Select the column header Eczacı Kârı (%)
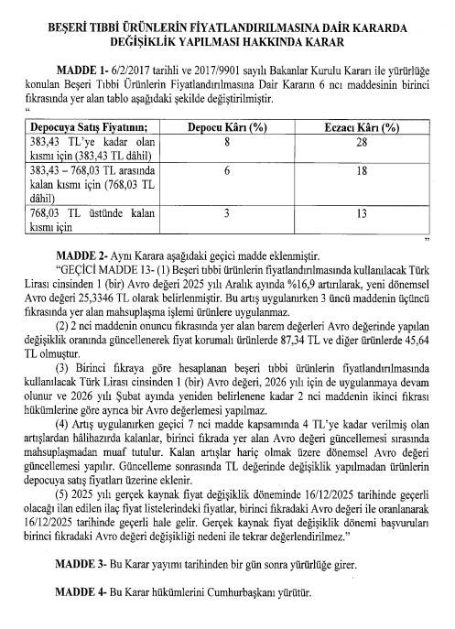tap(365, 129)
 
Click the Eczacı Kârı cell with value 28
tap(365, 144)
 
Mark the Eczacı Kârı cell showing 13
tap(365, 213)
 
